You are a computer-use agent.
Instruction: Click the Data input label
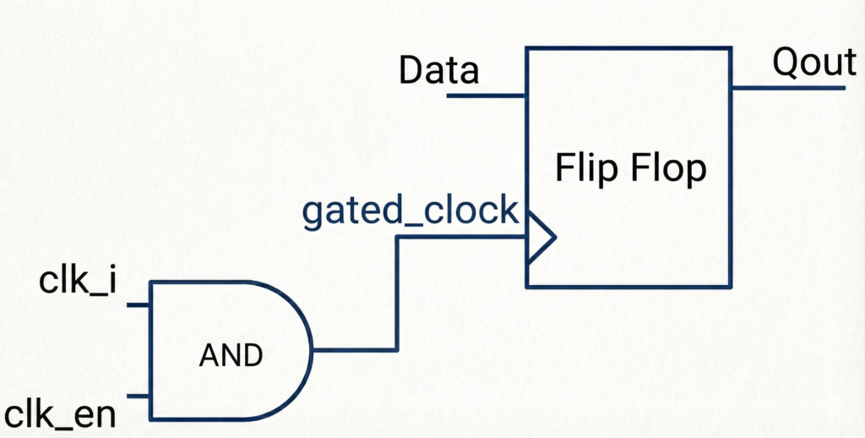coord(438,71)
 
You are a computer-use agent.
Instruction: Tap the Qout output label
coord(813,63)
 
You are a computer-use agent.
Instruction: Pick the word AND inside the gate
coord(231,356)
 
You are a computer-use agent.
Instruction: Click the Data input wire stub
coord(487,96)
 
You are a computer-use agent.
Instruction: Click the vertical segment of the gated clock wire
coord(397,293)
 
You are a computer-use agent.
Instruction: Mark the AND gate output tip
coord(312,349)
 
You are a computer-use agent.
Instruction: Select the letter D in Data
coord(411,71)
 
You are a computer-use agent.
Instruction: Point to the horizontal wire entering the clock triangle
coord(460,236)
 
